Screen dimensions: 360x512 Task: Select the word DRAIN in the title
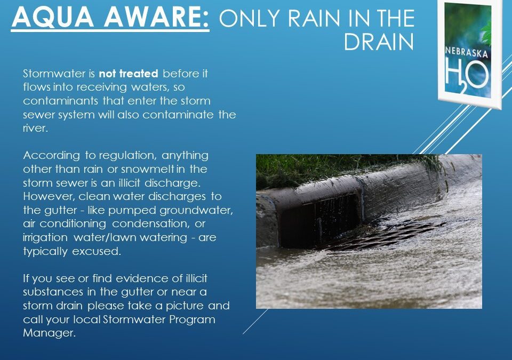(379, 43)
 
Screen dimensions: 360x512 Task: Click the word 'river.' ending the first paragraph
(35, 128)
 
